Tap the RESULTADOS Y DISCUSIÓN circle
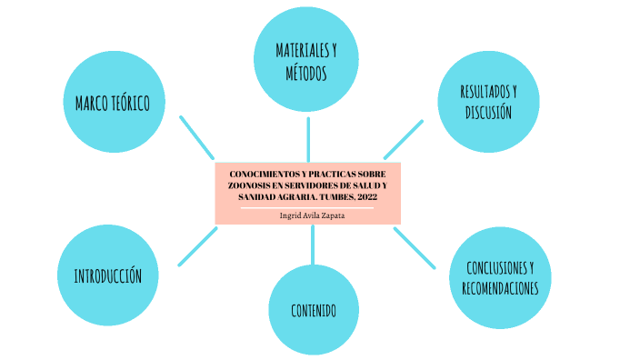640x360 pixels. point(488,102)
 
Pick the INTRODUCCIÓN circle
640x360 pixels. point(106,275)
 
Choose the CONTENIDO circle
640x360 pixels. point(313,310)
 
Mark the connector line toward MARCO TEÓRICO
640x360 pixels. point(197,137)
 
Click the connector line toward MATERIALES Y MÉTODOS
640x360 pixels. point(308,138)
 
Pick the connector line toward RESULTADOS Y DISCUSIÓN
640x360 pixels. point(403,139)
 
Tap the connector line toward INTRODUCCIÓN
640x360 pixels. point(197,246)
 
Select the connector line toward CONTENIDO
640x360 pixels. point(312,245)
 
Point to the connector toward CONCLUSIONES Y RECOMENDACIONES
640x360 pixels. point(415,247)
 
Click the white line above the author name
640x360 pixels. point(307,207)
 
